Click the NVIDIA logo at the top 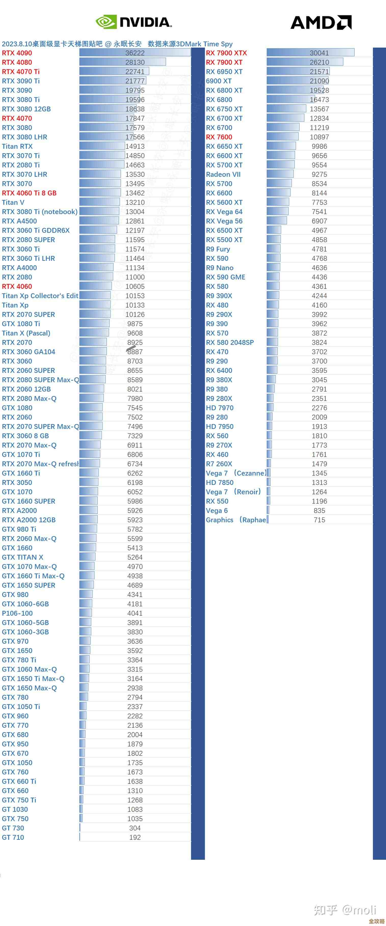[x=134, y=22]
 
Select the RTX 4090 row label [x=17, y=53]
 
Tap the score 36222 [x=135, y=53]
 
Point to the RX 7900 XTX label [x=227, y=53]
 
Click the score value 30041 [x=319, y=53]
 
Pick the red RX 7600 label [x=219, y=137]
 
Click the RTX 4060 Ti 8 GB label [x=29, y=193]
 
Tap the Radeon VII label [x=223, y=174]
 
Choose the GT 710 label [x=13, y=837]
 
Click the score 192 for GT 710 [x=135, y=837]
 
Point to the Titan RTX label [x=17, y=146]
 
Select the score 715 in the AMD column [x=319, y=520]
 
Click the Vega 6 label [x=217, y=510]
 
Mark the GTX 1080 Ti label [x=21, y=324]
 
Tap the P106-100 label [x=17, y=613]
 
